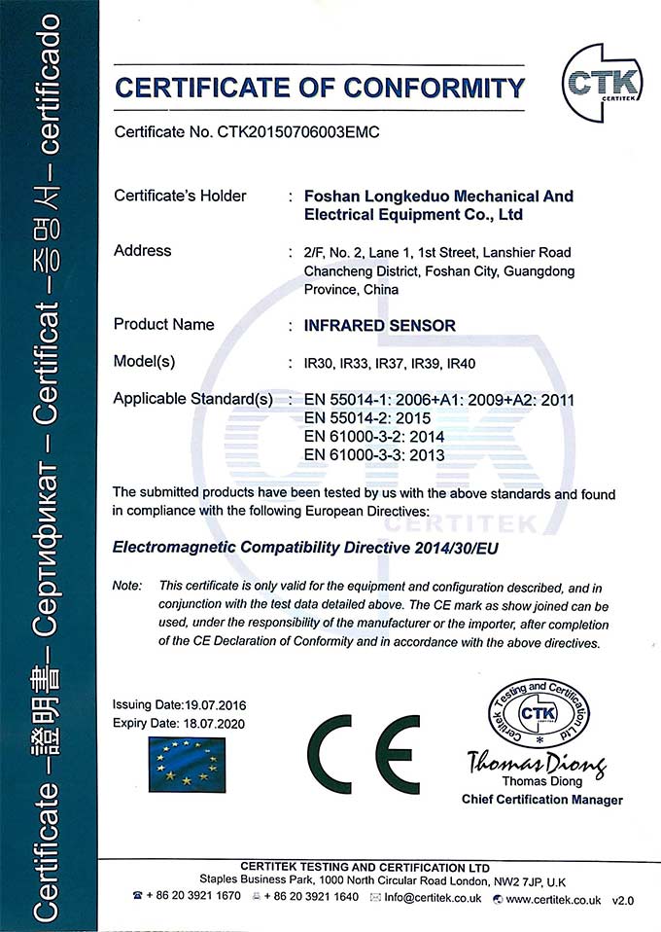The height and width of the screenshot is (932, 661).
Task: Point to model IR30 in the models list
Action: [320, 364]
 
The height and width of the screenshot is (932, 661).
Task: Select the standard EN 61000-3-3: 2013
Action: [374, 454]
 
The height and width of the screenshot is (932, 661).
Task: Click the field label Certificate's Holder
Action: [180, 196]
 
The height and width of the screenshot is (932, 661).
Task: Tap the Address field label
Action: [143, 250]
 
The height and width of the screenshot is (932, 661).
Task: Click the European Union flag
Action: [187, 763]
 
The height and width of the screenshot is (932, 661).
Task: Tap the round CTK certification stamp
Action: [542, 719]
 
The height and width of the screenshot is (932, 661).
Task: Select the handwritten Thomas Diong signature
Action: [536, 762]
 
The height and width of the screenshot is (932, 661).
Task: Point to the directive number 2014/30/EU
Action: [464, 547]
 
